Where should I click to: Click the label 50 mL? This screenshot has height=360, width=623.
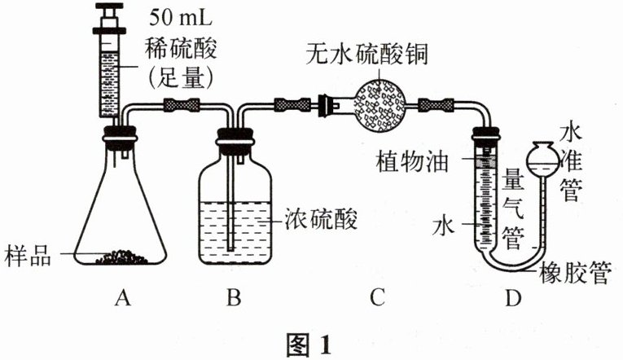(180, 16)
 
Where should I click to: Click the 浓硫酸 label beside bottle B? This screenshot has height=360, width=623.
(322, 220)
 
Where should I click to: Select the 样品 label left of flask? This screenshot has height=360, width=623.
(28, 255)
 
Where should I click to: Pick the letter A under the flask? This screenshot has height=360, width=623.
(124, 299)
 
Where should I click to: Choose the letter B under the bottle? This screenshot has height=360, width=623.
(234, 299)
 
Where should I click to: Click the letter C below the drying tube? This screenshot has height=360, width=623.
(375, 299)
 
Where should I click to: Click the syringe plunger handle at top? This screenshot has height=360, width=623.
(110, 10)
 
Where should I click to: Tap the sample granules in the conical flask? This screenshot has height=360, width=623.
(122, 257)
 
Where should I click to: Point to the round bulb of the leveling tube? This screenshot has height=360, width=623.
(543, 158)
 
